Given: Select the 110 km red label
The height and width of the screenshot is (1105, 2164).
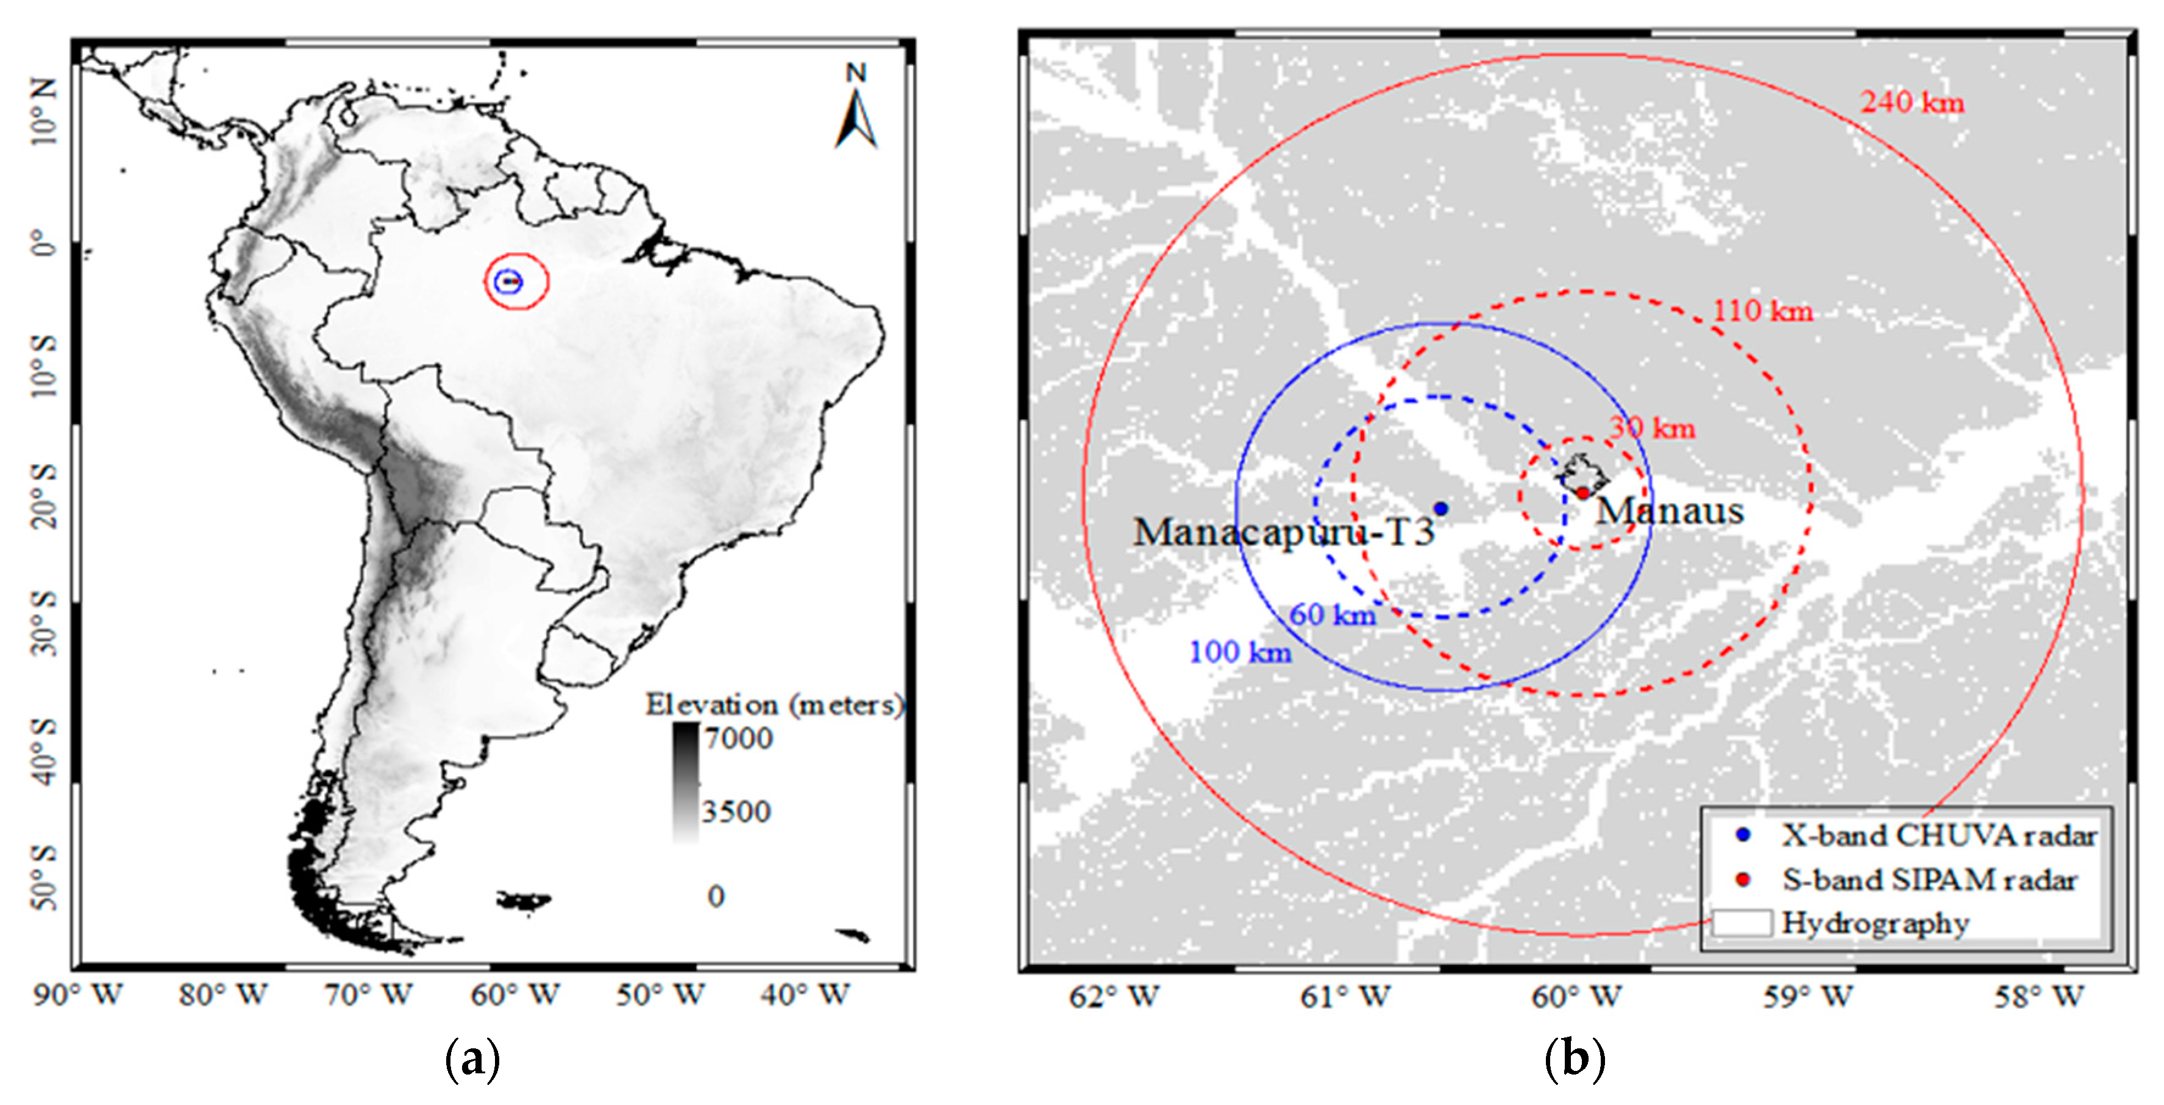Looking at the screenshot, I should tap(1762, 311).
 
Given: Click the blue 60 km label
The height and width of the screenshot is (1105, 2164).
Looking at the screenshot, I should tap(1333, 615).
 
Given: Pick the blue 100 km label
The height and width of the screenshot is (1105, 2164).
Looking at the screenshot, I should tap(1240, 652).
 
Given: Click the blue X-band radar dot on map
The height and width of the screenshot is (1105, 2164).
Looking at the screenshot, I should tap(1440, 508).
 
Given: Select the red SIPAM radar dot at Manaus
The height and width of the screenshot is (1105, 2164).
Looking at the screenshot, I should tap(1582, 493).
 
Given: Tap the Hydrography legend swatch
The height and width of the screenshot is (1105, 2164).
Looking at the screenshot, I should tap(1742, 922).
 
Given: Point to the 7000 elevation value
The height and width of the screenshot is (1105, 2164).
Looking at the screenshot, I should tap(738, 738).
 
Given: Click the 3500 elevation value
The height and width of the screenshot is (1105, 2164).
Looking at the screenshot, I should tap(736, 811).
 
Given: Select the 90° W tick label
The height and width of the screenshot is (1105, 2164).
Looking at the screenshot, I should tap(78, 995).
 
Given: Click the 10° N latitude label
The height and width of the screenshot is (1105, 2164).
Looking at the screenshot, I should tap(44, 110).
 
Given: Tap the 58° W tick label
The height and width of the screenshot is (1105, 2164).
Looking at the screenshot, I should tap(2040, 997).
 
